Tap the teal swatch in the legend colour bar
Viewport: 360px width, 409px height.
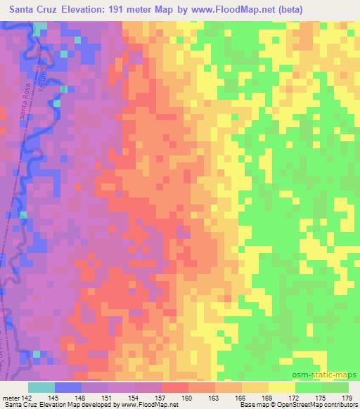[41, 387]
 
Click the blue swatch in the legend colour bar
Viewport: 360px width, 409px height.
[67, 387]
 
